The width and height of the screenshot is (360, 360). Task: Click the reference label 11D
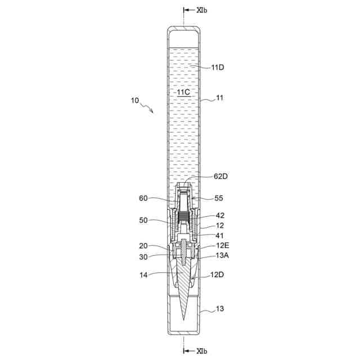(218, 67)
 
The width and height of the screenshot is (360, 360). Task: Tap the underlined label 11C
(183, 92)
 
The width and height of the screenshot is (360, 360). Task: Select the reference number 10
(135, 101)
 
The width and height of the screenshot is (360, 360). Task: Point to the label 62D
(220, 176)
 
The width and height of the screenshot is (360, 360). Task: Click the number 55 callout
(219, 198)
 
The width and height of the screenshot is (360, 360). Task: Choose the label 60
(143, 198)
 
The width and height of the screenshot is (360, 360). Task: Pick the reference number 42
(220, 215)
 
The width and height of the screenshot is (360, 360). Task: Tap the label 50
(143, 220)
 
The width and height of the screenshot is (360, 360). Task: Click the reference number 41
(220, 236)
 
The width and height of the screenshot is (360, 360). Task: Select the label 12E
(223, 245)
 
